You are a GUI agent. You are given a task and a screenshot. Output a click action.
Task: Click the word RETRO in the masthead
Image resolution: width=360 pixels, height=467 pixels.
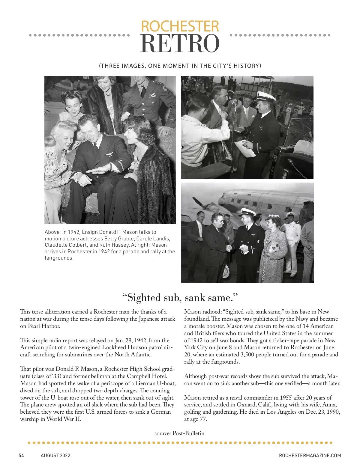(x=180, y=44)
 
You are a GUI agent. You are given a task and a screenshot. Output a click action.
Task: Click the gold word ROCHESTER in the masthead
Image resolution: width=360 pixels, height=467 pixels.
(x=180, y=26)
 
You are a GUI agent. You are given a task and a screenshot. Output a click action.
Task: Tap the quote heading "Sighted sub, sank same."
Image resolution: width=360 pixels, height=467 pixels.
(x=180, y=298)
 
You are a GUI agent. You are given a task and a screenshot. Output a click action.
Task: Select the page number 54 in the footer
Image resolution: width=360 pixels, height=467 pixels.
(x=21, y=455)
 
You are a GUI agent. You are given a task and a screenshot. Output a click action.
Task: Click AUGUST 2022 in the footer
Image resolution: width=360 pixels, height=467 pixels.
(x=55, y=455)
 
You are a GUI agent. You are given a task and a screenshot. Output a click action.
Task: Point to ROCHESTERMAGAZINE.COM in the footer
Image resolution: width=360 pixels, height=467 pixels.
(x=310, y=455)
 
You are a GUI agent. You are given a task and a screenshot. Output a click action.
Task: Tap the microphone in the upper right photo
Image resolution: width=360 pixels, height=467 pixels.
(x=234, y=103)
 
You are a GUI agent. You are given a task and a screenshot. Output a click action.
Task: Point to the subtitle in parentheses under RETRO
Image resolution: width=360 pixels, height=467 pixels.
(x=180, y=66)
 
